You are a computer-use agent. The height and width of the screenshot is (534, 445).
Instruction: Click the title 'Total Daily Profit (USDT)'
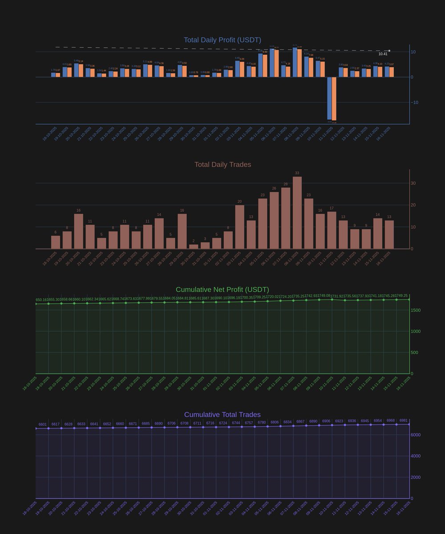click(x=222, y=40)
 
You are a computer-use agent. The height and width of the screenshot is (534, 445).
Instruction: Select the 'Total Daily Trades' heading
click(x=222, y=165)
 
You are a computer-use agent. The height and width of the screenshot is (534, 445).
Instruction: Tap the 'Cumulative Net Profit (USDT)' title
click(x=222, y=290)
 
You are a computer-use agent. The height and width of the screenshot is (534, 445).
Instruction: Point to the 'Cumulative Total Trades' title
click(x=222, y=415)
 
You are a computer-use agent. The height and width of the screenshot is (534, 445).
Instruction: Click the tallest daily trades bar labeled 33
click(x=297, y=213)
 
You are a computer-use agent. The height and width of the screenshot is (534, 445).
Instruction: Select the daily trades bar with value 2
click(x=194, y=247)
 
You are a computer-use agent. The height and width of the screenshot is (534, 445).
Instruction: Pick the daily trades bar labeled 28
click(x=286, y=218)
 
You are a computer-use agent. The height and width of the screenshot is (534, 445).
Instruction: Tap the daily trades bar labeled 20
click(x=239, y=227)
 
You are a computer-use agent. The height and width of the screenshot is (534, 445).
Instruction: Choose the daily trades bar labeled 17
click(x=332, y=230)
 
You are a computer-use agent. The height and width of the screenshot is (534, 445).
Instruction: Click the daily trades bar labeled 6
click(x=56, y=242)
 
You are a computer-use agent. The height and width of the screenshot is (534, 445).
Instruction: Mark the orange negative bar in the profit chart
click(x=334, y=98)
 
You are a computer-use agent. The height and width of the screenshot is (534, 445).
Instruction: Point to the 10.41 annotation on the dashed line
click(x=383, y=54)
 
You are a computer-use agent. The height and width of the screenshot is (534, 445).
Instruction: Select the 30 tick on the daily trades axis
click(x=413, y=183)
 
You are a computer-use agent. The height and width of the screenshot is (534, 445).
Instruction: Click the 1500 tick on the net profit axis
click(x=416, y=310)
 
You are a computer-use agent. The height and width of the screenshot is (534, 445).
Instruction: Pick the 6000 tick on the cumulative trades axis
click(x=416, y=435)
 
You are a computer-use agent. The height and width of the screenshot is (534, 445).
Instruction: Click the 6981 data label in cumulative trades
click(x=403, y=421)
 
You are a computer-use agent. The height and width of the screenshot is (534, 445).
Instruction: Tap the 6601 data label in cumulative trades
click(x=43, y=425)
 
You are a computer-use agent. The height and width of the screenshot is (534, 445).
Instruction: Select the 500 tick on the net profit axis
click(x=414, y=352)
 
